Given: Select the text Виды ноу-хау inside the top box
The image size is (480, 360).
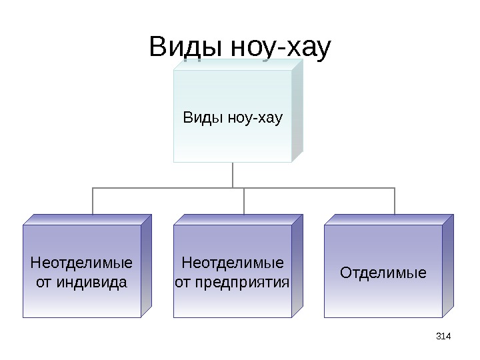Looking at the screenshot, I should coord(233,119).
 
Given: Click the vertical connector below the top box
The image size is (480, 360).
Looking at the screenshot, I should coord(233,175).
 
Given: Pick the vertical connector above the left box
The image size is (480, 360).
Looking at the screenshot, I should coord(93,201).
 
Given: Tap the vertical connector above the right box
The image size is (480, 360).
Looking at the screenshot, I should coord(395,201).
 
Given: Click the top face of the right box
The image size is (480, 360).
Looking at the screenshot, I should coord(389,219).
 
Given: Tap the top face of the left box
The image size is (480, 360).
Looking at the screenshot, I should coord(87,219).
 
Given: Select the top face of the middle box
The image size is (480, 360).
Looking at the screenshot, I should coord(238,219).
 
